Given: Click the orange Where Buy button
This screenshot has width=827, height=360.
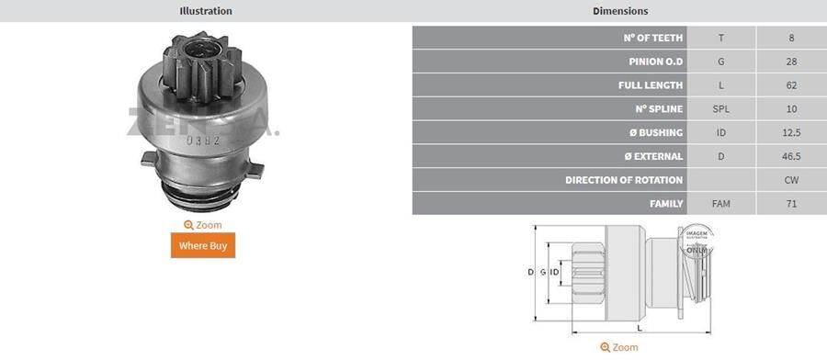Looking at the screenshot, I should tap(202, 245).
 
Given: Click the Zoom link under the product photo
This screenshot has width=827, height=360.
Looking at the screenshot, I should tap(202, 225).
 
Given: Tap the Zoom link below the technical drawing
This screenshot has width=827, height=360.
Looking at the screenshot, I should tap(618, 347).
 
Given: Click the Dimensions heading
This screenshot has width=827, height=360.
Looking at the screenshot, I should tap(620, 11).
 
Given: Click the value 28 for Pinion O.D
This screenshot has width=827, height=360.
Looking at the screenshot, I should tap(791, 62).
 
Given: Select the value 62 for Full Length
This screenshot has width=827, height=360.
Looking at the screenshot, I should tap(791, 85).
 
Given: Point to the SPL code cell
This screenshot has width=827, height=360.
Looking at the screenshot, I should tap(721, 109).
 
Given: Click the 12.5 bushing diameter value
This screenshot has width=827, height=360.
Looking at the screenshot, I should tap(791, 133).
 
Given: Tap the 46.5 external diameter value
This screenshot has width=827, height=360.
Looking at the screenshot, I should tap(791, 156).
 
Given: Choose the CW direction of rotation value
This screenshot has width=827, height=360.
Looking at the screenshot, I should tap(791, 180).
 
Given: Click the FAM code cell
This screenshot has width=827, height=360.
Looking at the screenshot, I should tap(721, 204).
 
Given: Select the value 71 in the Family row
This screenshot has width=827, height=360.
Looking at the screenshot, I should tap(791, 204).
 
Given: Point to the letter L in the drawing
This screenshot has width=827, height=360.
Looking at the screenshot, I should tap(640, 328).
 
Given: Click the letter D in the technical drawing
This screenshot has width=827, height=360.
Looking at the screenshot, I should tap(530, 273).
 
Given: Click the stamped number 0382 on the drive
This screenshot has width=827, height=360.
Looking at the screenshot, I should tap(201, 140).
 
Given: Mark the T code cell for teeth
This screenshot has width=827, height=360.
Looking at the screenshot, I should tap(721, 39).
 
